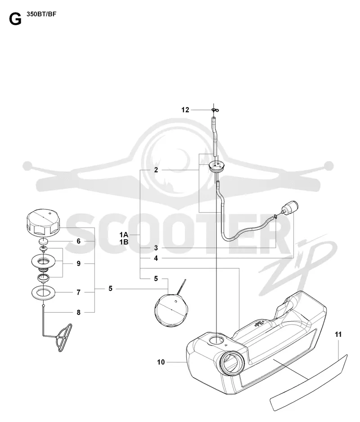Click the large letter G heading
pyautogui.click(x=15, y=19)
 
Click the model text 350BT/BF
pyautogui.click(x=41, y=14)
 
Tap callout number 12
pyautogui.click(x=185, y=110)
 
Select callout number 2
pyautogui.click(x=156, y=170)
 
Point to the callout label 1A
pyautogui.click(x=124, y=235)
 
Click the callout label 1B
pyautogui.click(x=124, y=242)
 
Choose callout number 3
pyautogui.click(x=156, y=248)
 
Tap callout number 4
pyautogui.click(x=156, y=259)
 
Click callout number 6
pyautogui.click(x=78, y=241)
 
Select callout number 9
pyautogui.click(x=78, y=263)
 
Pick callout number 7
pyautogui.click(x=78, y=292)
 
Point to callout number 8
pyautogui.click(x=78, y=313)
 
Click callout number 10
pyautogui.click(x=161, y=362)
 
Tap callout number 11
pyautogui.click(x=338, y=335)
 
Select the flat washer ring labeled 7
pyautogui.click(x=43, y=293)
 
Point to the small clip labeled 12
pyautogui.click(x=216, y=110)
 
